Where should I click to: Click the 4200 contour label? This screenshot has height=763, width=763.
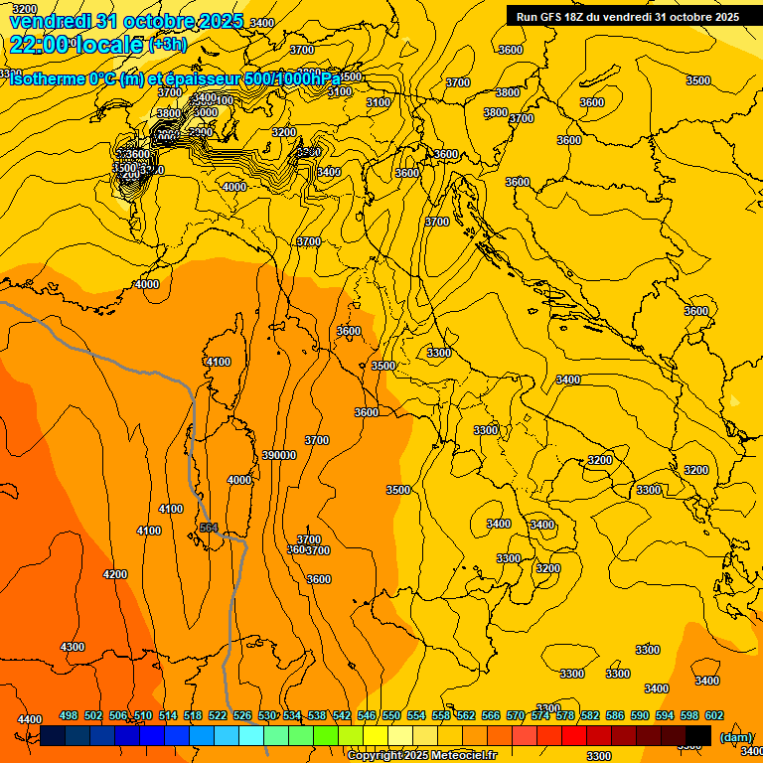point(115,574)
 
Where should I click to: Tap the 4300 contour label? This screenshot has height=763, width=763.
point(73,647)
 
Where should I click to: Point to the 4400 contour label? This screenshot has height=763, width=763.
point(30,719)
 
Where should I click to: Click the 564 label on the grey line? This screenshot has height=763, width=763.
point(209,528)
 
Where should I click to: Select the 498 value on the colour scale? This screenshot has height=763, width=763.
point(69,715)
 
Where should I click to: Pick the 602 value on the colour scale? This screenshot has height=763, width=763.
point(714,715)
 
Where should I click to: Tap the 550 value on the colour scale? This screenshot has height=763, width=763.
point(391,715)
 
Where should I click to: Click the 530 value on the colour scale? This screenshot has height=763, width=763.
point(267,715)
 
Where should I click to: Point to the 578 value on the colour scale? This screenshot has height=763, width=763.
point(565,715)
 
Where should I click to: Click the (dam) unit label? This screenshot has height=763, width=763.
point(736,737)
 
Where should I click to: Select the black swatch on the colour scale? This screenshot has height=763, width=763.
point(698,735)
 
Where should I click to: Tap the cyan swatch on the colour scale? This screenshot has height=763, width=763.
point(251,735)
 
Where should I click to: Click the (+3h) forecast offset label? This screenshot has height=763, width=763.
point(167,45)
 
